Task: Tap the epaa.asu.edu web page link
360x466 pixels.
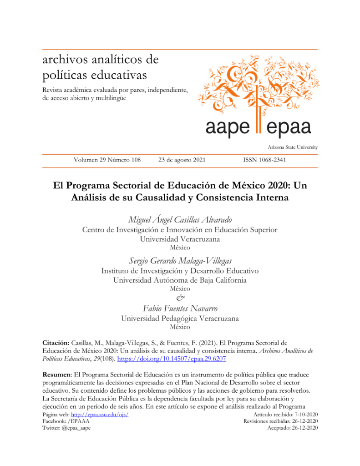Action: point(101,415)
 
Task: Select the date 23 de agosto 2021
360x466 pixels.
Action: point(182,160)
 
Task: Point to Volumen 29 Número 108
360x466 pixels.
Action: point(107,160)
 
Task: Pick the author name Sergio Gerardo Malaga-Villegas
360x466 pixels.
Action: point(180,260)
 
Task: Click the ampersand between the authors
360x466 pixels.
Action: point(179,298)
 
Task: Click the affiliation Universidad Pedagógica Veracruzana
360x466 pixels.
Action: point(180,318)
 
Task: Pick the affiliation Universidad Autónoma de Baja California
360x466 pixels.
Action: point(180,280)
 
